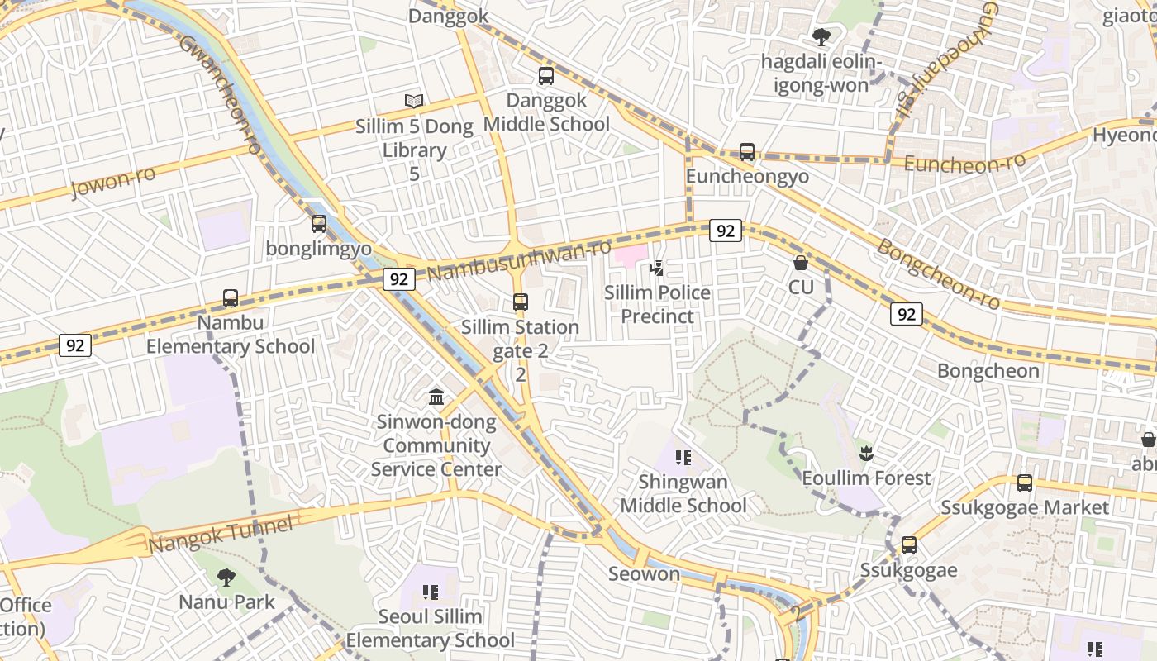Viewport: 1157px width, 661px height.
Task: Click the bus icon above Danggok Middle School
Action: coord(545,76)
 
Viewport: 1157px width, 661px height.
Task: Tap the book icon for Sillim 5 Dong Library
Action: coord(414,101)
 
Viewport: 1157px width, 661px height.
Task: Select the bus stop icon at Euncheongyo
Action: coord(747,152)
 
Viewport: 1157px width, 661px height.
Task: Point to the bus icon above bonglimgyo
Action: coord(319,223)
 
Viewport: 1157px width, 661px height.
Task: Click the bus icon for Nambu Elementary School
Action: coord(231,297)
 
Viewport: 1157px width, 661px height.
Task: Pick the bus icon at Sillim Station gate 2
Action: coord(520,302)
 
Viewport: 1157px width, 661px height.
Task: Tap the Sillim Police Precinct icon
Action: coord(657,268)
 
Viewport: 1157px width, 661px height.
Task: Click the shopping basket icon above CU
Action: coord(800,263)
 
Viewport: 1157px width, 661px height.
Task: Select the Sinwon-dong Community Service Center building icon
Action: coord(436,397)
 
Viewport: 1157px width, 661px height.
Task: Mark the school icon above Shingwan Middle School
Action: coord(683,457)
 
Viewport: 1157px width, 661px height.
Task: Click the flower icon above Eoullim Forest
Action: coord(866,453)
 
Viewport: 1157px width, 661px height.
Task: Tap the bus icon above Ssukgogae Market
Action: coord(1025,483)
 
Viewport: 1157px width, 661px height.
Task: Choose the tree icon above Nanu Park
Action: coord(226,577)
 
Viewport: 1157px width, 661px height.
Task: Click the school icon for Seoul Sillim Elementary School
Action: coord(430,592)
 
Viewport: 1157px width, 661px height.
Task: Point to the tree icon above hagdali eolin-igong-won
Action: coord(821,36)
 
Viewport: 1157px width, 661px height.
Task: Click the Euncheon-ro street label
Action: coord(964,163)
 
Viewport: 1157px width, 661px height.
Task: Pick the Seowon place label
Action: coord(644,573)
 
